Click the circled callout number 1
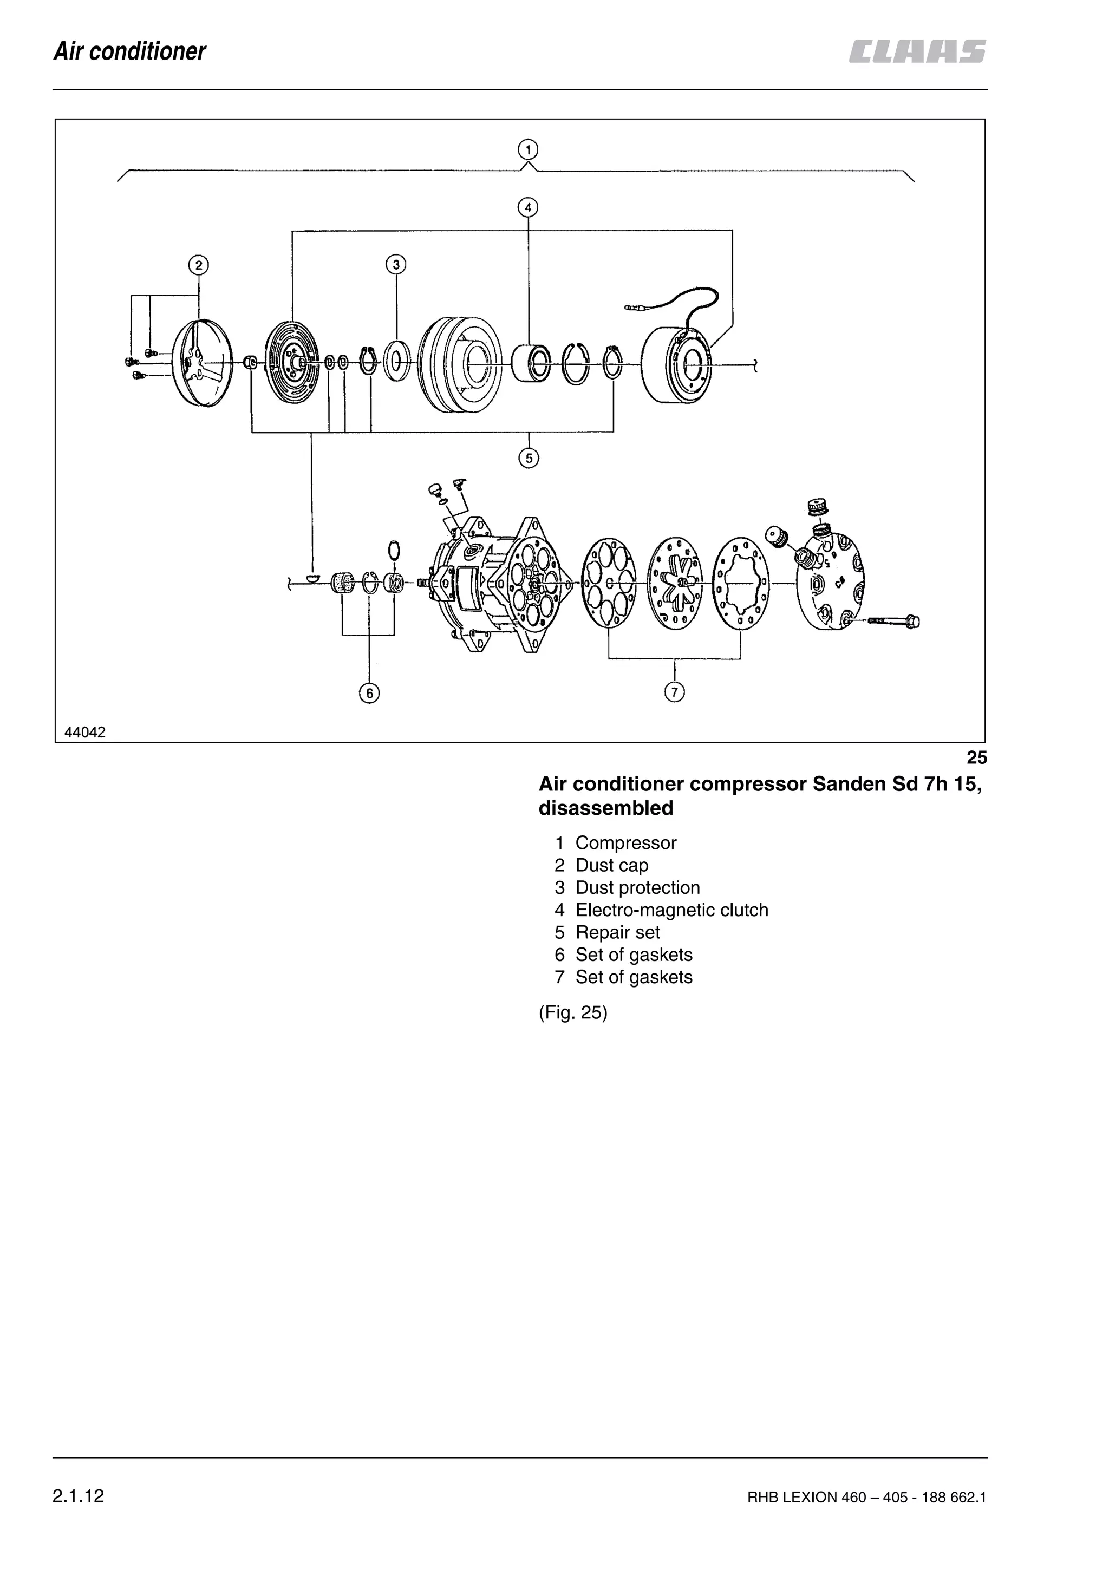click(x=527, y=149)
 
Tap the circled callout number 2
click(x=198, y=265)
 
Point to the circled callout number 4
click(x=527, y=207)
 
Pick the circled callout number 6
click(x=369, y=693)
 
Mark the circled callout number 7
click(x=674, y=692)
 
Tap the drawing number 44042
click(x=84, y=733)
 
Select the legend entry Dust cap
click(x=611, y=865)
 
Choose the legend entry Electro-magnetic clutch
click(x=671, y=910)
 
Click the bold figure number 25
click(x=976, y=758)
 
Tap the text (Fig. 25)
click(x=572, y=1012)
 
